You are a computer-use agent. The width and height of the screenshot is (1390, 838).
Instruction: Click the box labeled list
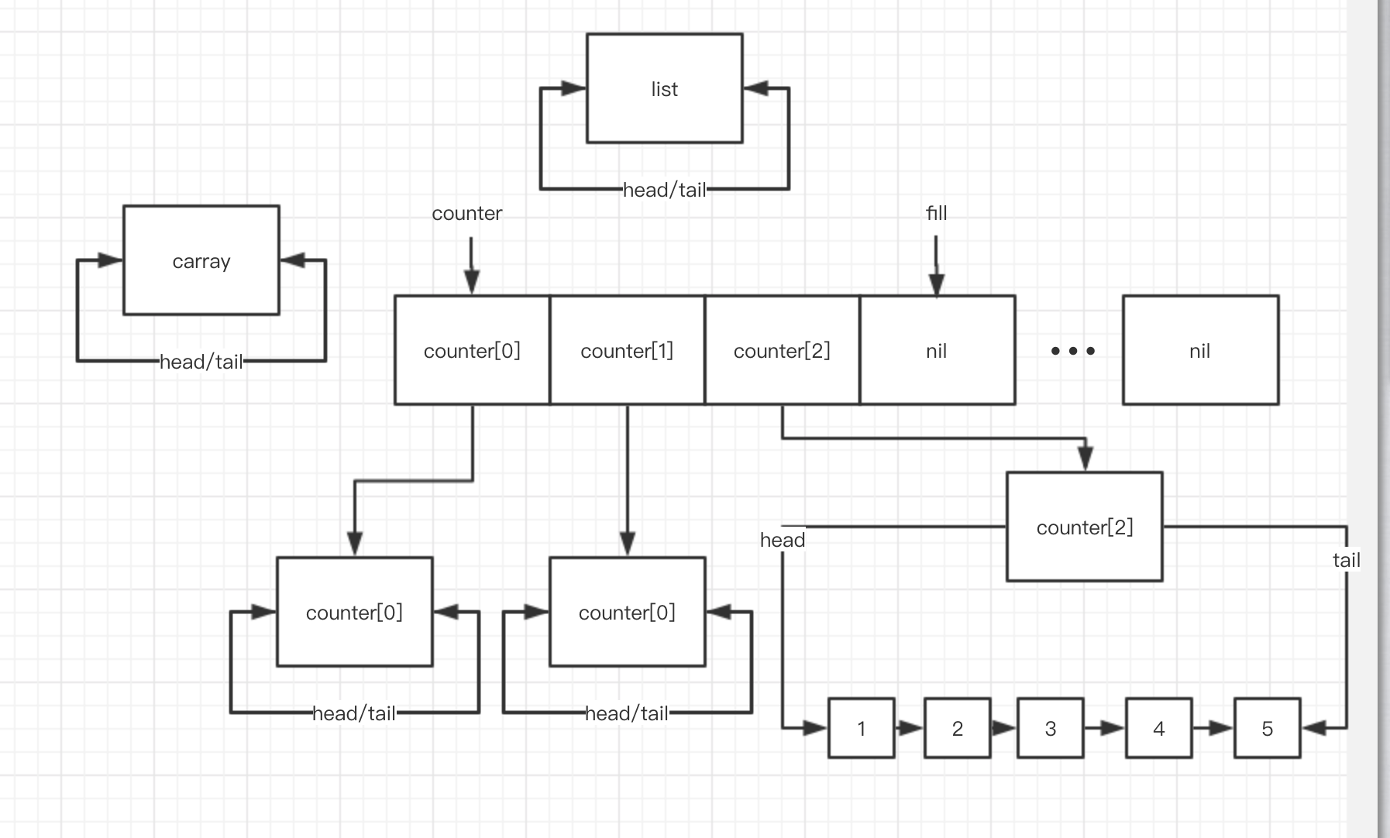coord(664,88)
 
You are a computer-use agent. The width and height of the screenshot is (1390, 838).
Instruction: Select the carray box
coord(201,260)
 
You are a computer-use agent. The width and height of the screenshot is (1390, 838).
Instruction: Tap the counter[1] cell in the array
coord(627,350)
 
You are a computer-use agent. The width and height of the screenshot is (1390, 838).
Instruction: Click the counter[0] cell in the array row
coord(472,350)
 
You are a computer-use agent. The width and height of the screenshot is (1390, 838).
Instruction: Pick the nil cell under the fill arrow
coord(937,350)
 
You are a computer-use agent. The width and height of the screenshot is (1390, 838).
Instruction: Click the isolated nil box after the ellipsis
coord(1200,350)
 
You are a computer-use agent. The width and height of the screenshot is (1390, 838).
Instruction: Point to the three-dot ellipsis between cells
coord(1072,351)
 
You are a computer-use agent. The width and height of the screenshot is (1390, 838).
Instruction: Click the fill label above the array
coord(936,213)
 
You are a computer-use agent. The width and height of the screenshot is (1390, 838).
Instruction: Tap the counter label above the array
coord(466,213)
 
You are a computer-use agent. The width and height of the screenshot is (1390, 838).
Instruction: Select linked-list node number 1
coord(861,728)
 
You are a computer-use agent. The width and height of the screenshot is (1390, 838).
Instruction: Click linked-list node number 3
coord(1050,728)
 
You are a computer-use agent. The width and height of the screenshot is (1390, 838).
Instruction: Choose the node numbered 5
coord(1267,728)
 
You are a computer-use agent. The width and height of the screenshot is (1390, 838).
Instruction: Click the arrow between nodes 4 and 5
coord(1213,728)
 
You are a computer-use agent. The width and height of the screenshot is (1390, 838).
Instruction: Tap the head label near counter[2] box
coord(783,540)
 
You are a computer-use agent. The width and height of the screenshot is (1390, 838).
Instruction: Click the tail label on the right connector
coord(1346,560)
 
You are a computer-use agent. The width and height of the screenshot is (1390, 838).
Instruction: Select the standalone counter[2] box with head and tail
coord(1084,527)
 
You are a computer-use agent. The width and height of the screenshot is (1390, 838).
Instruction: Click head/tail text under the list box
coord(664,190)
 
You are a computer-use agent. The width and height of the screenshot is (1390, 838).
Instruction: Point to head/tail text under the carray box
coord(201,362)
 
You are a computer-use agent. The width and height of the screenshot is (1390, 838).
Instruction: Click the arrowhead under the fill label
coord(936,283)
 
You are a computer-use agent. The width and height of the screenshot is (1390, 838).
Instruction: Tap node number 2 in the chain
coord(957,728)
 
